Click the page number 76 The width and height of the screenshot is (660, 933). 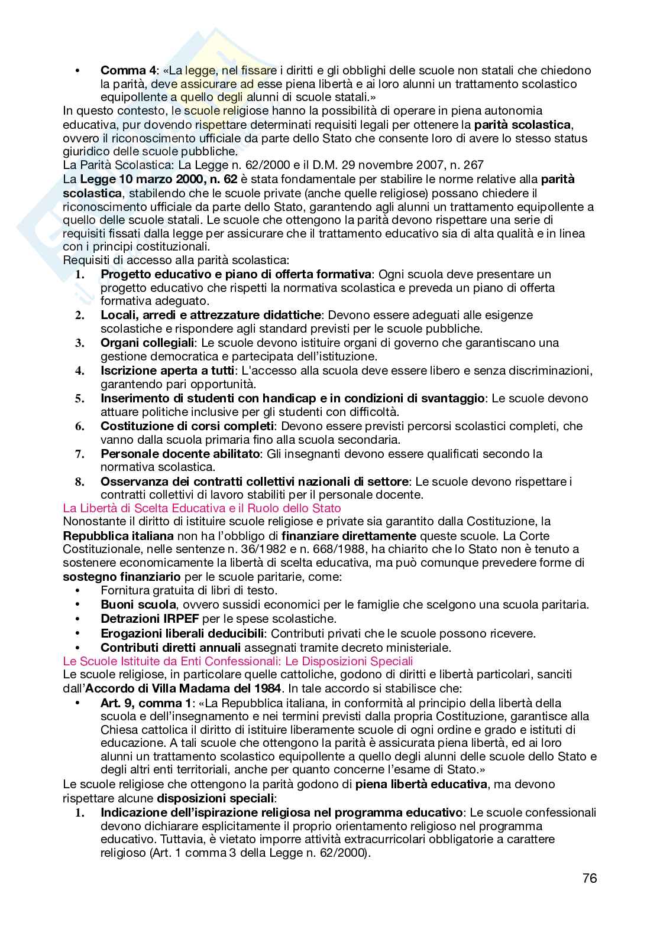coord(589,878)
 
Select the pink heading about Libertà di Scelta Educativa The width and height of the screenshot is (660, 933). coord(202,508)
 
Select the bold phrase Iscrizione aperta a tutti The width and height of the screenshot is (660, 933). coord(167,370)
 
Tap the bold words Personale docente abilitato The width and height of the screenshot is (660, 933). coord(180,454)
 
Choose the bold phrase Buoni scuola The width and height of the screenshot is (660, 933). coord(138,604)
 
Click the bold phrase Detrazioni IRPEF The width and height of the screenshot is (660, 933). coord(150,619)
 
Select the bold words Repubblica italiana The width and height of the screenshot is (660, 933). coord(118,536)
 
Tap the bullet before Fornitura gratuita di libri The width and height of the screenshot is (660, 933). coord(77,591)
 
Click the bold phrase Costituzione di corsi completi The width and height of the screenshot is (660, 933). coord(187,426)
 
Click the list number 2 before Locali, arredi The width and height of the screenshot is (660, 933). coord(79,316)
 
